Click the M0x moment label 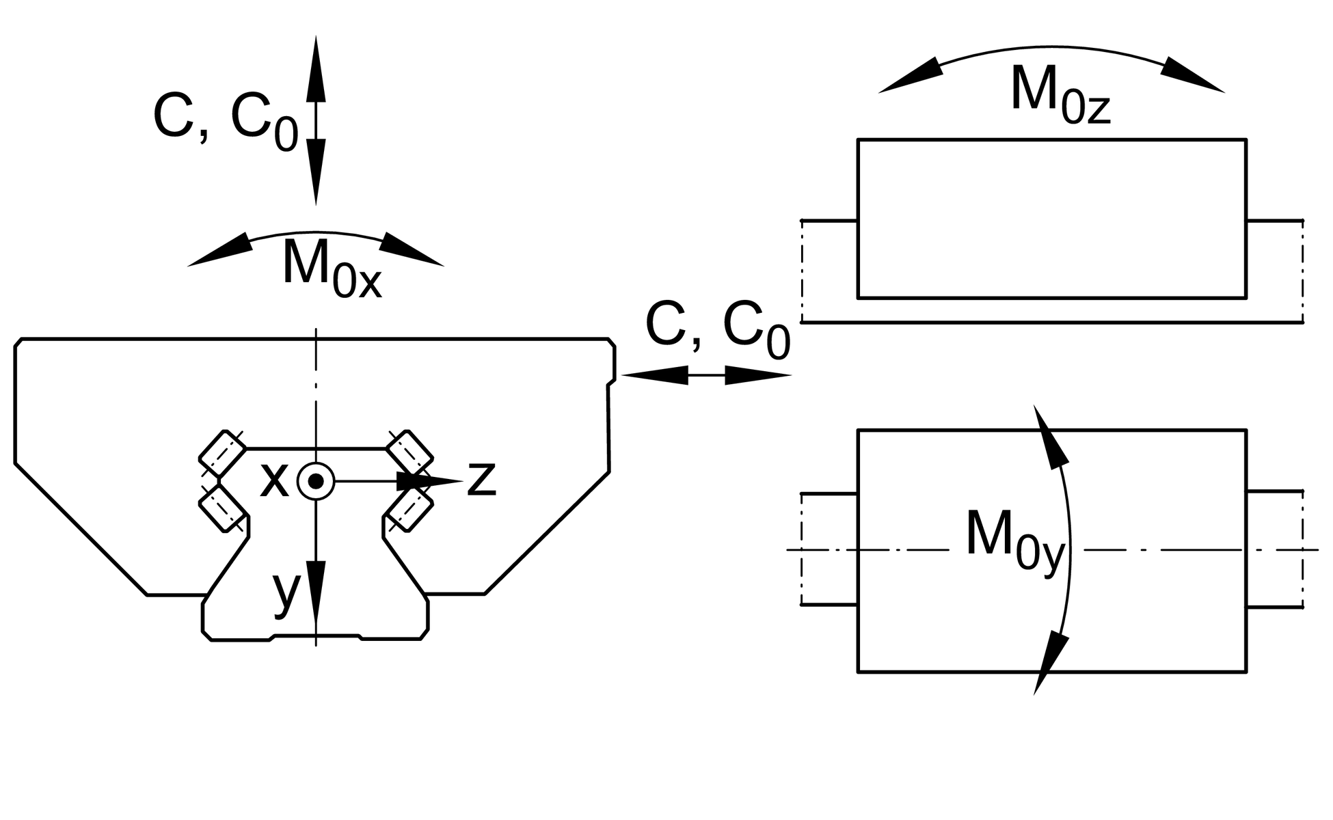(x=332, y=266)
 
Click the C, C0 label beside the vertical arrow (x=226, y=121)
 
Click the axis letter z (x=481, y=479)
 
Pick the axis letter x (x=274, y=479)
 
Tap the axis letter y (x=286, y=593)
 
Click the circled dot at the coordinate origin (x=316, y=481)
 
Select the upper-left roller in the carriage (x=222, y=453)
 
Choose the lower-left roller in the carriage (x=222, y=508)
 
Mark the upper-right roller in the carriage (x=409, y=453)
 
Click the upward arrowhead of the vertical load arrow (x=316, y=68)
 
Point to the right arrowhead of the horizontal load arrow (x=757, y=375)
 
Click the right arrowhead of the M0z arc (x=1192, y=74)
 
